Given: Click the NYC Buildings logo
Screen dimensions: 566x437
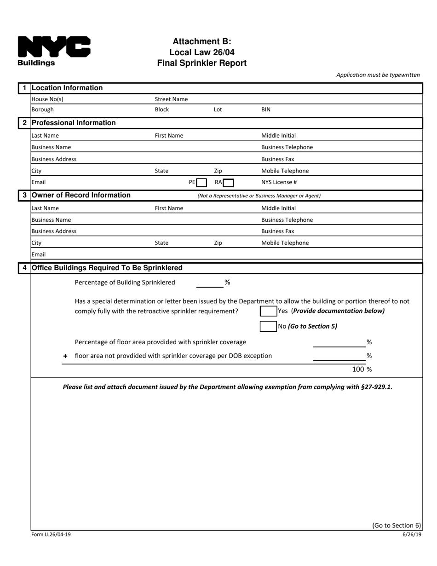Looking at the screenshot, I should click(x=54, y=51).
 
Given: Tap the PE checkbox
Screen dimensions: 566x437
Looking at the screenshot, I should click(x=201, y=183).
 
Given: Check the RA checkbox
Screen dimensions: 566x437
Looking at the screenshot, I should click(x=228, y=183).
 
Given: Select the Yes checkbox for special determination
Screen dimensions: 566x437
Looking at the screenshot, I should click(x=268, y=311).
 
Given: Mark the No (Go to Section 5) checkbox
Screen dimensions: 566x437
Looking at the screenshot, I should click(x=268, y=326).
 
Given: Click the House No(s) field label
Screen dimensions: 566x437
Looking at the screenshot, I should click(x=47, y=99).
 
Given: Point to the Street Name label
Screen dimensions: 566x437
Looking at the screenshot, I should click(x=171, y=99).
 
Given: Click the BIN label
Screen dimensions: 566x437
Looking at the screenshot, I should click(x=266, y=110).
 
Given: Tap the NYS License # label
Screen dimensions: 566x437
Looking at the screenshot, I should click(x=279, y=182).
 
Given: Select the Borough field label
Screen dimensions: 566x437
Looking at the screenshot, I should click(x=42, y=110).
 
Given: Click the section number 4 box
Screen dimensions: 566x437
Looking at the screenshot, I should click(x=24, y=268).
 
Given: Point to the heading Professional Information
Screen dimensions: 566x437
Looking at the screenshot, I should click(x=74, y=123).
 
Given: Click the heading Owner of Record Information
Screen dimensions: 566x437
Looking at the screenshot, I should click(x=81, y=195).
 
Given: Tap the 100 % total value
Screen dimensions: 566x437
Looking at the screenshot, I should click(x=362, y=369).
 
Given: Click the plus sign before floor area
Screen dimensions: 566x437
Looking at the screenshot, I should click(x=65, y=356).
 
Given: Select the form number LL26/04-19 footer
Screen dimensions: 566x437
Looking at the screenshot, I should click(x=51, y=534).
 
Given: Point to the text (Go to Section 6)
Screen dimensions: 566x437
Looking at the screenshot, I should click(x=396, y=526).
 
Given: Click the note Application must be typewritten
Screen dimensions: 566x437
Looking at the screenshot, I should click(x=378, y=75).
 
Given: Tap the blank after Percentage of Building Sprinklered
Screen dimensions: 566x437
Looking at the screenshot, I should click(x=209, y=283).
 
